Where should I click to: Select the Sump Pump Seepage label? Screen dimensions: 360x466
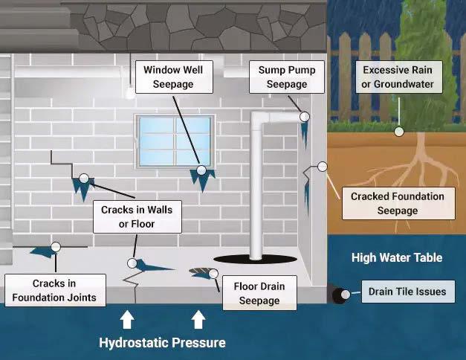tap(287, 77)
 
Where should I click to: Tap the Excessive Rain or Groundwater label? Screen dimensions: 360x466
tap(398, 77)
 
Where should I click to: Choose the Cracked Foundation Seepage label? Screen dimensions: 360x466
tap(398, 203)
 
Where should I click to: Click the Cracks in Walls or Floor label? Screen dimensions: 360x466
tap(137, 216)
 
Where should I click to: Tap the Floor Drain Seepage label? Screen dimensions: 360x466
tap(259, 293)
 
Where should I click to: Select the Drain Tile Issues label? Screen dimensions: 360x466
tap(407, 292)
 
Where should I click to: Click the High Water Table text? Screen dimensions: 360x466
tap(397, 258)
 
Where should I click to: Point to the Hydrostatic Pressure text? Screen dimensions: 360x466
tap(162, 343)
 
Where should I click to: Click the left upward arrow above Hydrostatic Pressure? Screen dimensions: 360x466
tap(127, 320)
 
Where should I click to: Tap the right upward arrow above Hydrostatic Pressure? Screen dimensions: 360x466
tap(198, 320)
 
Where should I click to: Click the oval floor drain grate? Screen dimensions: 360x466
tap(200, 272)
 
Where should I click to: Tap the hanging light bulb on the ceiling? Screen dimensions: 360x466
tap(129, 93)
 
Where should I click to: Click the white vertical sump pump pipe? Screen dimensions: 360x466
tap(256, 186)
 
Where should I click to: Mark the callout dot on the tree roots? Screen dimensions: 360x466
tap(399, 131)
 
